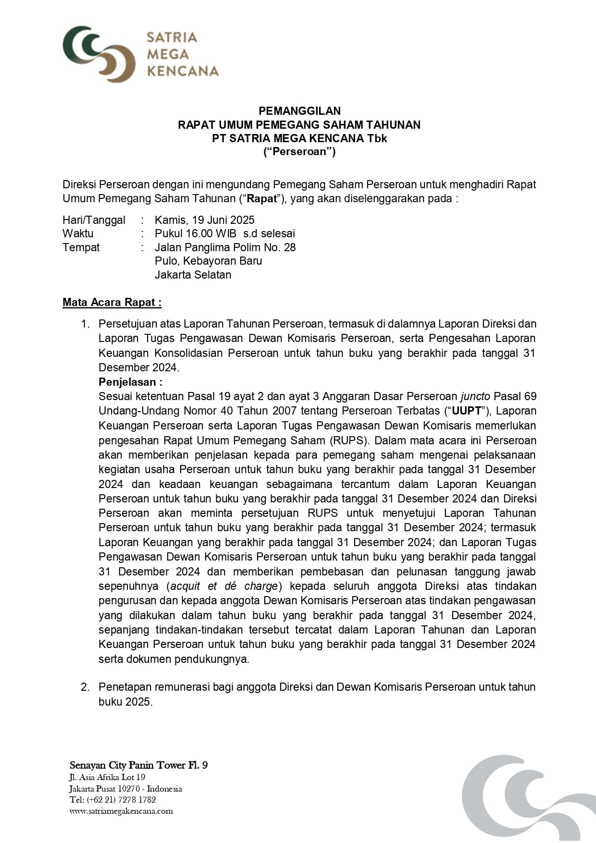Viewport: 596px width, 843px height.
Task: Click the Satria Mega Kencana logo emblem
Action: (x=99, y=54)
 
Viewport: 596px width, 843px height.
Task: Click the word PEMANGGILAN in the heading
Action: (x=299, y=111)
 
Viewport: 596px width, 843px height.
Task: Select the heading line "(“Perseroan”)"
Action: (x=299, y=152)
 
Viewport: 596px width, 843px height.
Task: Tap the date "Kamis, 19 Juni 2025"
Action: (x=204, y=220)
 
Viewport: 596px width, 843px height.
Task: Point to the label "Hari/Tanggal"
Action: (x=94, y=220)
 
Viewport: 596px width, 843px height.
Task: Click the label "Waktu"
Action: (x=78, y=233)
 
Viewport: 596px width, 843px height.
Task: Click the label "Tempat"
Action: (x=81, y=247)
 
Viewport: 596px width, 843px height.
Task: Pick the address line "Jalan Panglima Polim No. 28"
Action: (x=225, y=247)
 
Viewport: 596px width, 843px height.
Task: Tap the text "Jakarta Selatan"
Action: (x=193, y=275)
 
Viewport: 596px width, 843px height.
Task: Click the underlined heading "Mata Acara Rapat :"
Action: (x=112, y=302)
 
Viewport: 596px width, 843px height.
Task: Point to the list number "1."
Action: (x=85, y=324)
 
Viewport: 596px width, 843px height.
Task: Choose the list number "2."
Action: (x=85, y=687)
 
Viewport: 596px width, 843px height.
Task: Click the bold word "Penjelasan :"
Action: (x=130, y=382)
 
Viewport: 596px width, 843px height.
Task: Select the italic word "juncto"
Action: (x=475, y=396)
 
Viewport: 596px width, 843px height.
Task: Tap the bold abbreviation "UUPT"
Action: (x=466, y=411)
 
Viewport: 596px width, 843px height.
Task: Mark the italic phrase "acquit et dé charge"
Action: (x=224, y=586)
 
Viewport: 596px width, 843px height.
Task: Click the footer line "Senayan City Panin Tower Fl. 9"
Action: (x=138, y=765)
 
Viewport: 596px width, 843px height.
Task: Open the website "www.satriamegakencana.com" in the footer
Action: (x=121, y=811)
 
